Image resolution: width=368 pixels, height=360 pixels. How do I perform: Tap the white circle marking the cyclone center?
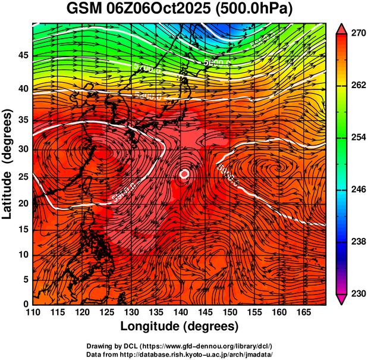pyautogui.click(x=184, y=174)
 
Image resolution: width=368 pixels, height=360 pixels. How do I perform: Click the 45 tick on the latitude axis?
pyautogui.click(x=23, y=55)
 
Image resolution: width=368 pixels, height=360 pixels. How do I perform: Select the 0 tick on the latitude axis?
pyautogui.click(x=26, y=304)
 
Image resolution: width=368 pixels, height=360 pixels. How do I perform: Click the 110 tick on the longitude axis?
pyautogui.click(x=33, y=313)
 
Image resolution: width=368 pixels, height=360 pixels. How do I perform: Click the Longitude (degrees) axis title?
pyautogui.click(x=180, y=326)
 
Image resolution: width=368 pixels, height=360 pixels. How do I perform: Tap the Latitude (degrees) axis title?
pyautogui.click(x=8, y=164)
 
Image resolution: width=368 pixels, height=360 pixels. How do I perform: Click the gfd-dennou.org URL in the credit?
pyautogui.click(x=208, y=346)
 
